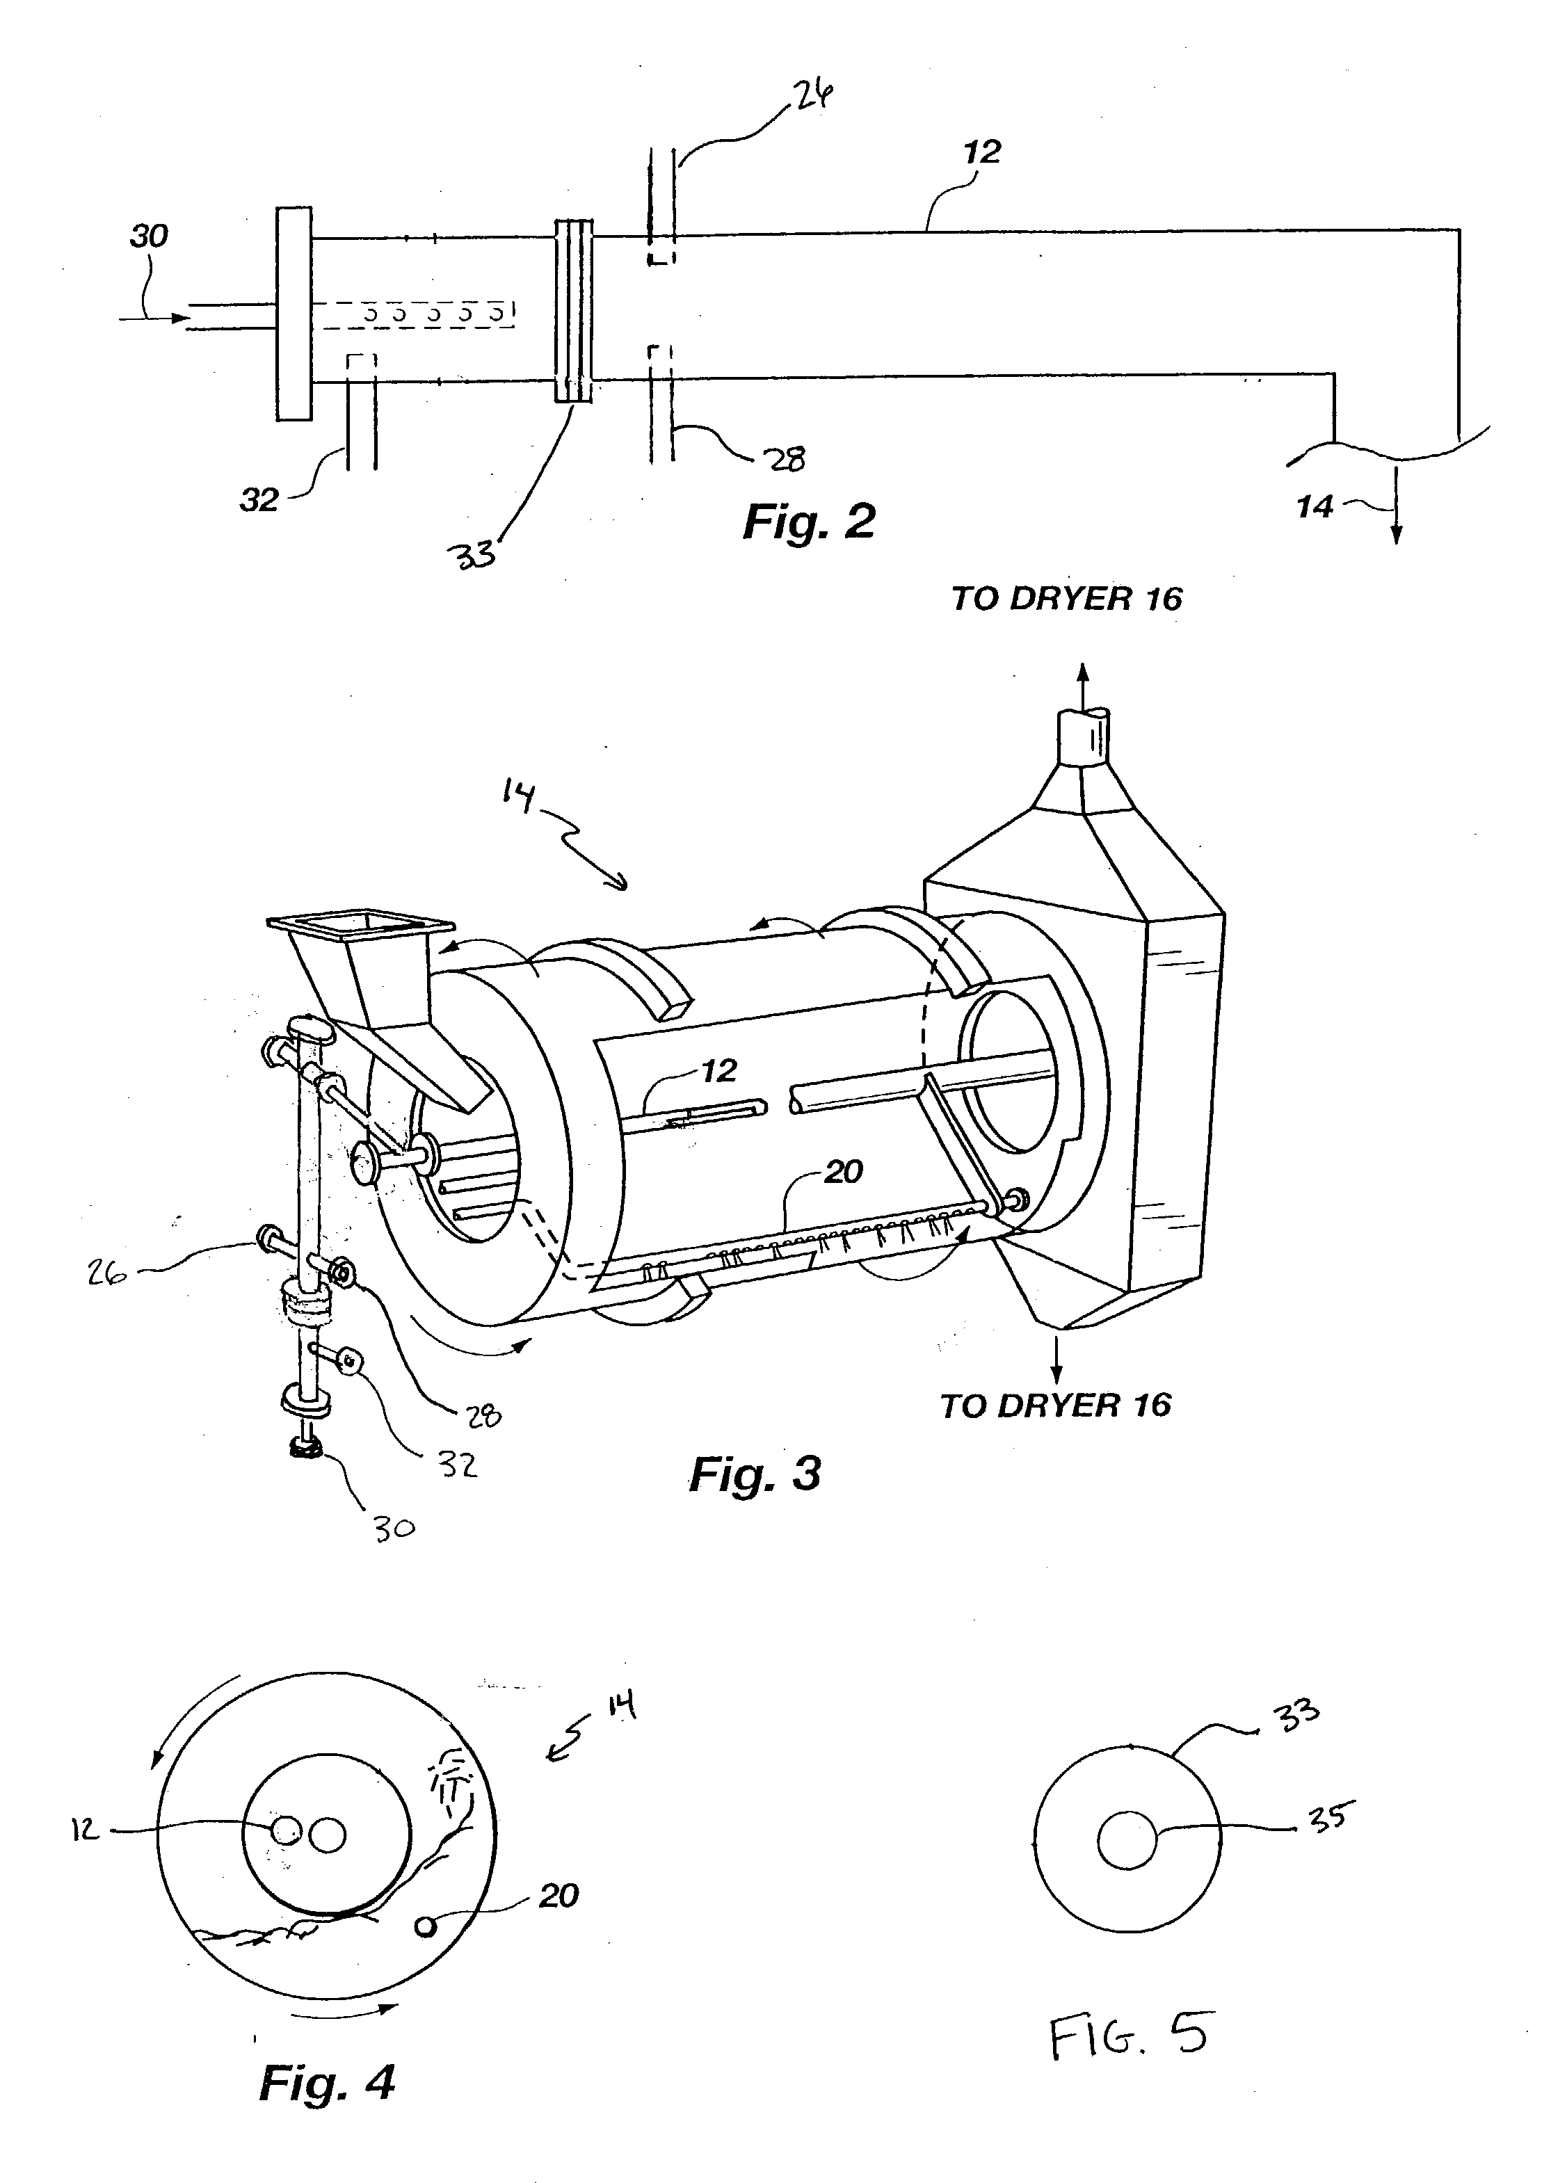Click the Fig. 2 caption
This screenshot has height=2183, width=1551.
[x=809, y=522]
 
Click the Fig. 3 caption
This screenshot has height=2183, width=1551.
[x=755, y=1474]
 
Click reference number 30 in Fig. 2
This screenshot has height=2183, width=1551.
[x=149, y=235]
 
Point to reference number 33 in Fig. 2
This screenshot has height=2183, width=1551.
[x=474, y=554]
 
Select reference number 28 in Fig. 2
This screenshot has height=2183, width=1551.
[x=786, y=458]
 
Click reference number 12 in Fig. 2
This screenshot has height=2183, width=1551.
[x=982, y=152]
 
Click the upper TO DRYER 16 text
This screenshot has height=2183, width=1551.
[x=1067, y=599]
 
